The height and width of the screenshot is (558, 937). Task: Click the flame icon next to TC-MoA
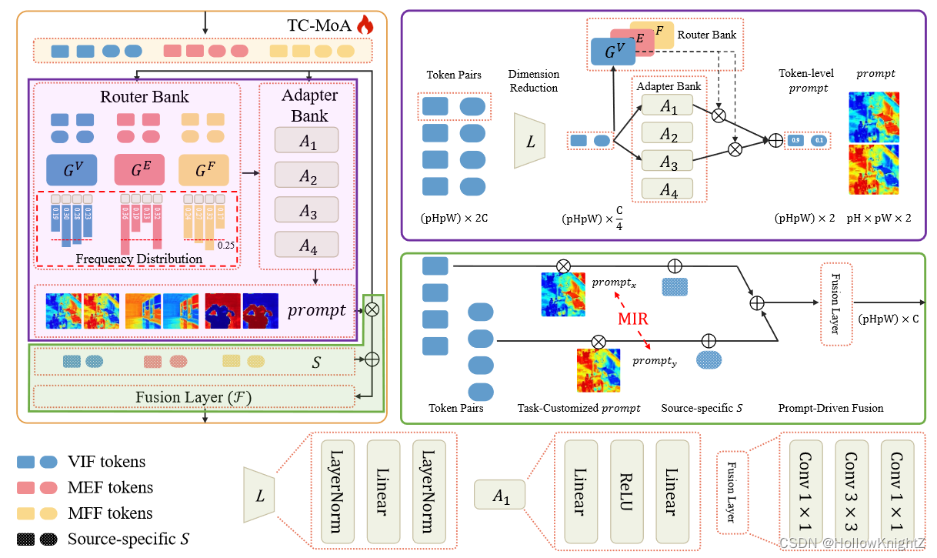coord(364,25)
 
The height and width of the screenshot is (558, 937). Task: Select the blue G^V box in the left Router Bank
coord(72,169)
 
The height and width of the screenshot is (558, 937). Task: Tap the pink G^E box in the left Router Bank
coord(139,169)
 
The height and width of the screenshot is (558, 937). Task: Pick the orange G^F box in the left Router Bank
coord(204,169)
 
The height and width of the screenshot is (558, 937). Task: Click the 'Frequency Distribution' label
coord(138,259)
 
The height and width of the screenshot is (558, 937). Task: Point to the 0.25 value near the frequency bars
coord(225,246)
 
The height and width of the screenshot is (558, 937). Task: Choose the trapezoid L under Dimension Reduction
coord(531,140)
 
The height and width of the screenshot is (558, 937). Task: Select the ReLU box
coord(625,493)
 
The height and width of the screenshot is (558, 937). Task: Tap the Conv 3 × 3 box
coord(851,482)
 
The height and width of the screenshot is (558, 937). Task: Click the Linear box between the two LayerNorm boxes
coord(382,493)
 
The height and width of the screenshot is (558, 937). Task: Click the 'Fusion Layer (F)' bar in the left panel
coord(193,397)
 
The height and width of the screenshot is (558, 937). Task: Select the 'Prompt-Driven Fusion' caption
coord(831,408)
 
